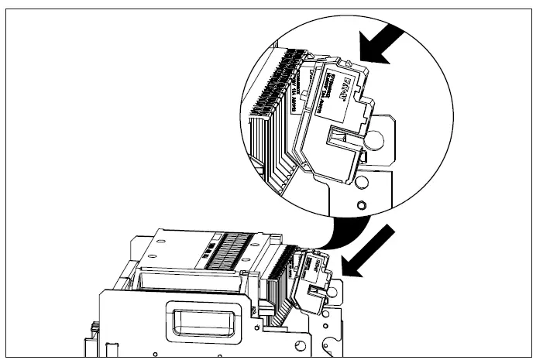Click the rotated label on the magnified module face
tap(333, 81)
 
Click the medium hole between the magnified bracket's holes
tap(361, 183)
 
